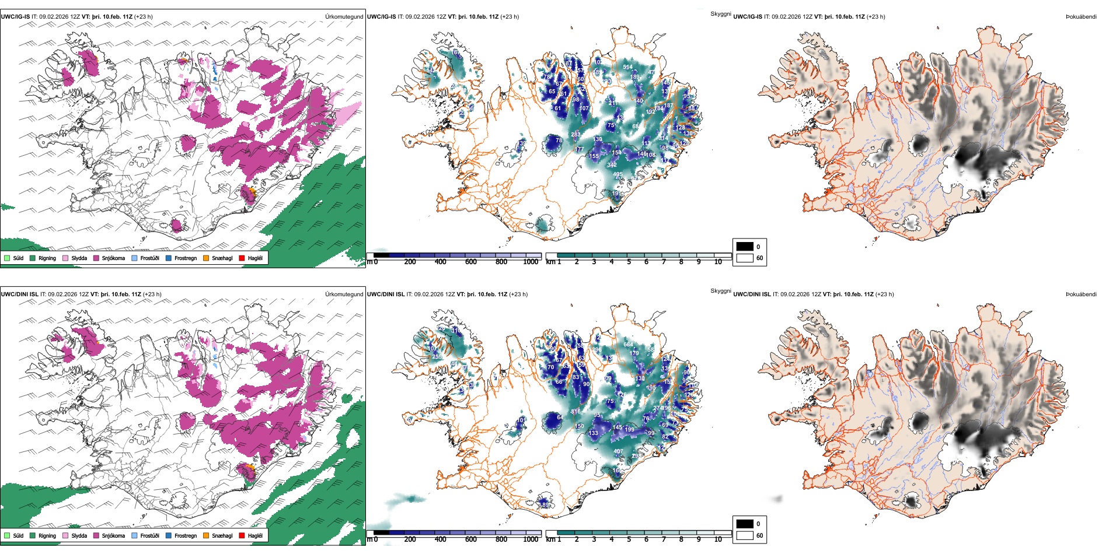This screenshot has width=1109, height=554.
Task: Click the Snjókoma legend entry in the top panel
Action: click(113, 258)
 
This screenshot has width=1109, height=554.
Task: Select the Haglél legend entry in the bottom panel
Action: click(255, 535)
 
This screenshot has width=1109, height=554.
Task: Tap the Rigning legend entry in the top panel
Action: click(47, 258)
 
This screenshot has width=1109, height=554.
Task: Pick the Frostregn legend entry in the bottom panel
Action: click(185, 535)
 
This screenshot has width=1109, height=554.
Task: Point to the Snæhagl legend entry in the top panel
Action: click(222, 258)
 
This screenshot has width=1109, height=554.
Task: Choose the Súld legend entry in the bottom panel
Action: click(18, 535)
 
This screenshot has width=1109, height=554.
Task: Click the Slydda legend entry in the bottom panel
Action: click(79, 535)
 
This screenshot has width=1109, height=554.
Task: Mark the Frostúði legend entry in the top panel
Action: click(149, 258)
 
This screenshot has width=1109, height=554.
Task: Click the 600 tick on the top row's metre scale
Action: click(471, 262)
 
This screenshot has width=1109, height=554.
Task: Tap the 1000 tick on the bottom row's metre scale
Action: click(531, 539)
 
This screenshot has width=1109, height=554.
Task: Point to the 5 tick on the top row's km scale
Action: click(629, 262)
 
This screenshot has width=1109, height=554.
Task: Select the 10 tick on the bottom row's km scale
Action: click(718, 539)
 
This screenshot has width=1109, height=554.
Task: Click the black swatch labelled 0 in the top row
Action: click(745, 247)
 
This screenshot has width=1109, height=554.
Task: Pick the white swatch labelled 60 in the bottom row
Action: click(745, 535)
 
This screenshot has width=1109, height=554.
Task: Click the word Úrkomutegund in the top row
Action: click(344, 17)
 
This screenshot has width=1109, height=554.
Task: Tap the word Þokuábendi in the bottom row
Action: click(1081, 294)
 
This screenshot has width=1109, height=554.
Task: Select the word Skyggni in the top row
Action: click(720, 14)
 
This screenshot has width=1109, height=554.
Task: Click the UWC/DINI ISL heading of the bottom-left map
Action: click(19, 294)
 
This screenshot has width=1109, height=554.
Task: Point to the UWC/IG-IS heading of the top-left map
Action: click(15, 17)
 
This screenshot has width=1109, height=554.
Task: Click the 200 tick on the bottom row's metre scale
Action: click(410, 539)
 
